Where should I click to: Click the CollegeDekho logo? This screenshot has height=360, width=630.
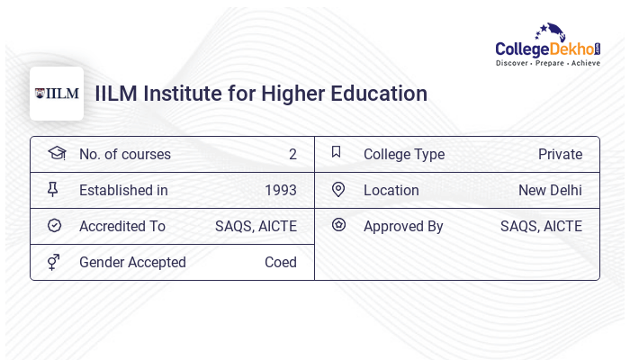coord(547,45)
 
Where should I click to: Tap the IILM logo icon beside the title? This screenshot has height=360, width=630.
coord(57,94)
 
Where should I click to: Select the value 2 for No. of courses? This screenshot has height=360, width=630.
coord(292,154)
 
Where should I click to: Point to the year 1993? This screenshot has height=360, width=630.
coord(280,190)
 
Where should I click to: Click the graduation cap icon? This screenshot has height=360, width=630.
coord(57,153)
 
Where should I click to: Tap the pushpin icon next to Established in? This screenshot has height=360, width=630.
coord(53,189)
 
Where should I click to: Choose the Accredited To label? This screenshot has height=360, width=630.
coord(122,226)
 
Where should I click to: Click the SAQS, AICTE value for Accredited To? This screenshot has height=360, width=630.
coord(256,226)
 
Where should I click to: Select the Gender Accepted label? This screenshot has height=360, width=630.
coord(132,262)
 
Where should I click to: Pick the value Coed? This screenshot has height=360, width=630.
coord(280,262)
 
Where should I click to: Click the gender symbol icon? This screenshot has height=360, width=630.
coord(54,261)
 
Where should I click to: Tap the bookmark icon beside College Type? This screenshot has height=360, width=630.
coord(336,152)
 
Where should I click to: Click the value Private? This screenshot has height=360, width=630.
coord(560,154)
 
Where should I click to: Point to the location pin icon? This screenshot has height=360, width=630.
coord(338,189)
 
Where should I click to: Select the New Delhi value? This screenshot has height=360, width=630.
coord(550,190)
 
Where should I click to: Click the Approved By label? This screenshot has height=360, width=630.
coord(403,226)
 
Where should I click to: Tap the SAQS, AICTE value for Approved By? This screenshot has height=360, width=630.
coord(541,226)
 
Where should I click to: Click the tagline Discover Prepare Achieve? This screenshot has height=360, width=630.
coord(547,63)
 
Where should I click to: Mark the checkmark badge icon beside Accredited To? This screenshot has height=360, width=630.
coord(54,225)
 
